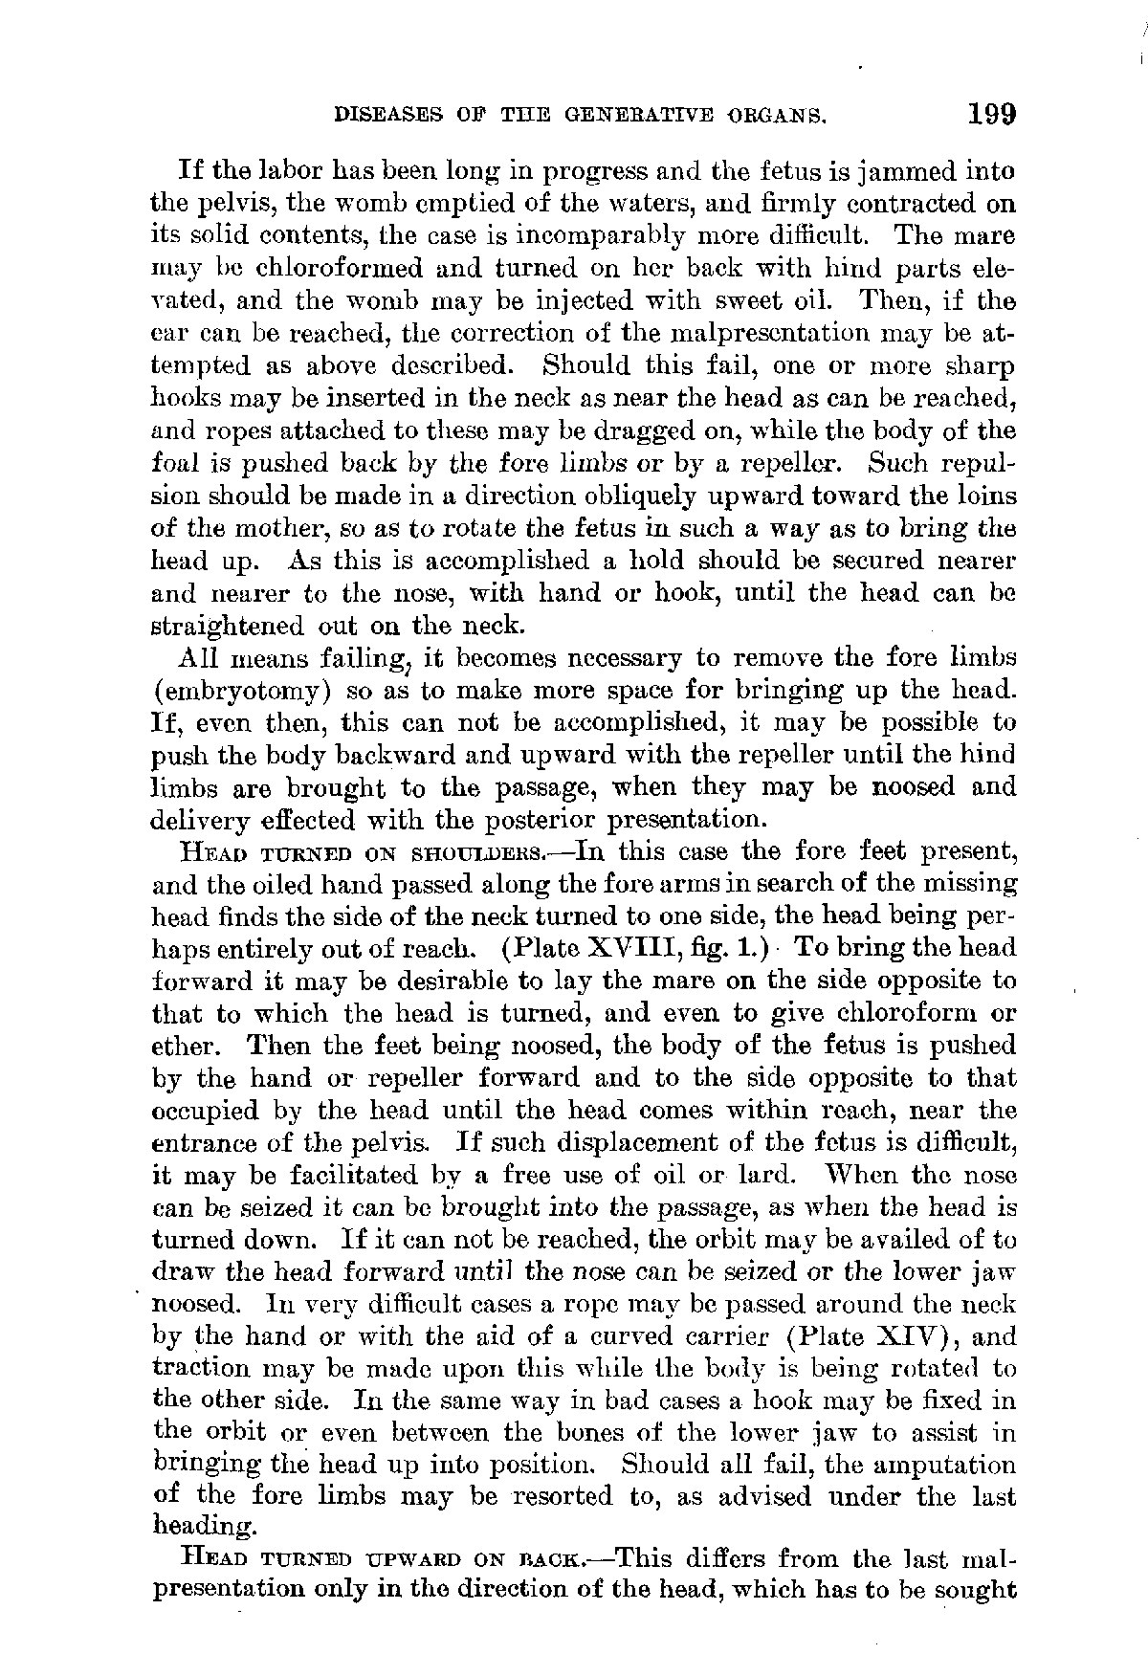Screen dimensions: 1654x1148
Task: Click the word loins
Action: point(984,496)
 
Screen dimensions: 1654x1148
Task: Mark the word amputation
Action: point(949,1465)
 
